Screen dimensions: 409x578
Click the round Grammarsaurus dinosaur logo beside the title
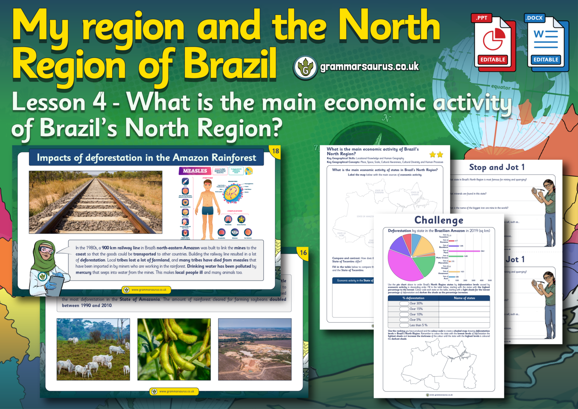click(x=305, y=68)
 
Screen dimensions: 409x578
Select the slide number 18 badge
click(x=275, y=151)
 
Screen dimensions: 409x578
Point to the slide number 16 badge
click(x=303, y=253)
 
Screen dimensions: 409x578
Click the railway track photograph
click(x=96, y=202)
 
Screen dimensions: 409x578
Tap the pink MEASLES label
click(x=195, y=171)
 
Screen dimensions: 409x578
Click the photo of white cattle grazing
click(x=93, y=349)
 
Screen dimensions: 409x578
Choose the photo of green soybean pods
click(x=174, y=349)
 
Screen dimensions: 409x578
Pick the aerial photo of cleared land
click(x=255, y=349)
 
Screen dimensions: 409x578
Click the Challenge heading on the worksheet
click(x=438, y=220)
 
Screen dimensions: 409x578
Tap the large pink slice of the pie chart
click(x=405, y=265)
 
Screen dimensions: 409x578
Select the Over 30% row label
click(x=416, y=304)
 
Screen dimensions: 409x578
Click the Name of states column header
click(x=464, y=298)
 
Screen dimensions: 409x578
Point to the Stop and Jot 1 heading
click(x=497, y=167)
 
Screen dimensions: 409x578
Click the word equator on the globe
click(x=500, y=87)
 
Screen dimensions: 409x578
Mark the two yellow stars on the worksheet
click(x=436, y=154)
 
